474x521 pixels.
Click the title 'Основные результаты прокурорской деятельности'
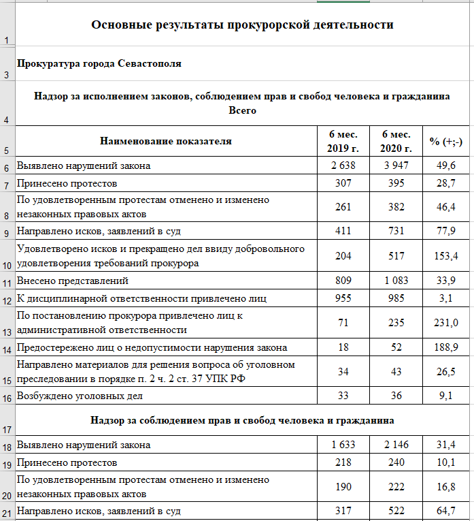242,25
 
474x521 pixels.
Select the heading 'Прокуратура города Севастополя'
99,64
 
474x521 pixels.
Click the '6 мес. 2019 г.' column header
343,141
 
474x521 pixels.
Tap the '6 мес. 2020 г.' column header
396,141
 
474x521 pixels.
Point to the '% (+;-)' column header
446,142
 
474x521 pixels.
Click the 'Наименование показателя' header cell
166,142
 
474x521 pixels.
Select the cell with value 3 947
396,165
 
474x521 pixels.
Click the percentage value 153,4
446,255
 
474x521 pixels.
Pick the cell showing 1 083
396,280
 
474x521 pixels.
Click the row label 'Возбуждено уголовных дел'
80,395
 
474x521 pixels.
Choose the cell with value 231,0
446,323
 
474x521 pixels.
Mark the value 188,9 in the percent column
446,347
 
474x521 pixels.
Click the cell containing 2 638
343,165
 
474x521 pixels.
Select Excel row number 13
7,332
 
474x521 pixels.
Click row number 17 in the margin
7,430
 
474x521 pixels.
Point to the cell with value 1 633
343,445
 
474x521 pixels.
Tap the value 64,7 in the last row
446,510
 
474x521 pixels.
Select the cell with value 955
343,298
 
